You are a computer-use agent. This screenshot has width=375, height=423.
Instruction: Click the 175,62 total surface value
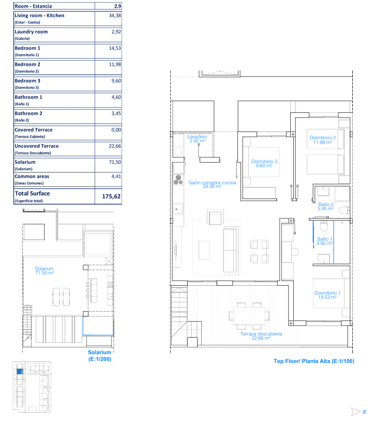(x=111, y=196)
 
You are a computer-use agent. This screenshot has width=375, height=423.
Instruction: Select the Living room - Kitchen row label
(x=39, y=16)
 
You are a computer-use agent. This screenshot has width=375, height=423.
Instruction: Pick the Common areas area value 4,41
(x=116, y=177)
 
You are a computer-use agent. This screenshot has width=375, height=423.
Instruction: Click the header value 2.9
(x=117, y=6)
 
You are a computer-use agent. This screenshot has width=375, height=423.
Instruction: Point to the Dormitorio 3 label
(x=264, y=162)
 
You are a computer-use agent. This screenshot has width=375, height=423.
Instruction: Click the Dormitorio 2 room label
(x=323, y=138)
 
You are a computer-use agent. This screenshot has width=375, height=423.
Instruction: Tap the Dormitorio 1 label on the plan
(x=327, y=293)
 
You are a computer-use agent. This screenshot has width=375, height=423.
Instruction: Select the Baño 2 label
(x=326, y=204)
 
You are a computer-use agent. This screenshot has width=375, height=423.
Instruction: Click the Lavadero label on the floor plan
(x=197, y=137)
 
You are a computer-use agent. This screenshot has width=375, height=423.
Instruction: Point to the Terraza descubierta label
(x=261, y=334)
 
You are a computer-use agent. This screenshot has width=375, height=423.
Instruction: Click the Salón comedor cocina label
(x=212, y=183)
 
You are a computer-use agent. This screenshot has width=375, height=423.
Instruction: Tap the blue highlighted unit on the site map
(x=20, y=371)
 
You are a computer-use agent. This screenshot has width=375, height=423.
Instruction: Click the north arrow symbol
(x=356, y=412)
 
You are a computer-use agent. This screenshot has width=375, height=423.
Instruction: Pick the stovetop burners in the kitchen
(x=178, y=180)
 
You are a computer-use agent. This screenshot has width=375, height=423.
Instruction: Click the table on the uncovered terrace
(x=249, y=316)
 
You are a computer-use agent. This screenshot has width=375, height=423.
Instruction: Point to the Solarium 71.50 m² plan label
(x=44, y=271)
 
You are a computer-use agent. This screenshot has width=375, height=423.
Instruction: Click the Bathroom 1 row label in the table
(x=28, y=97)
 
